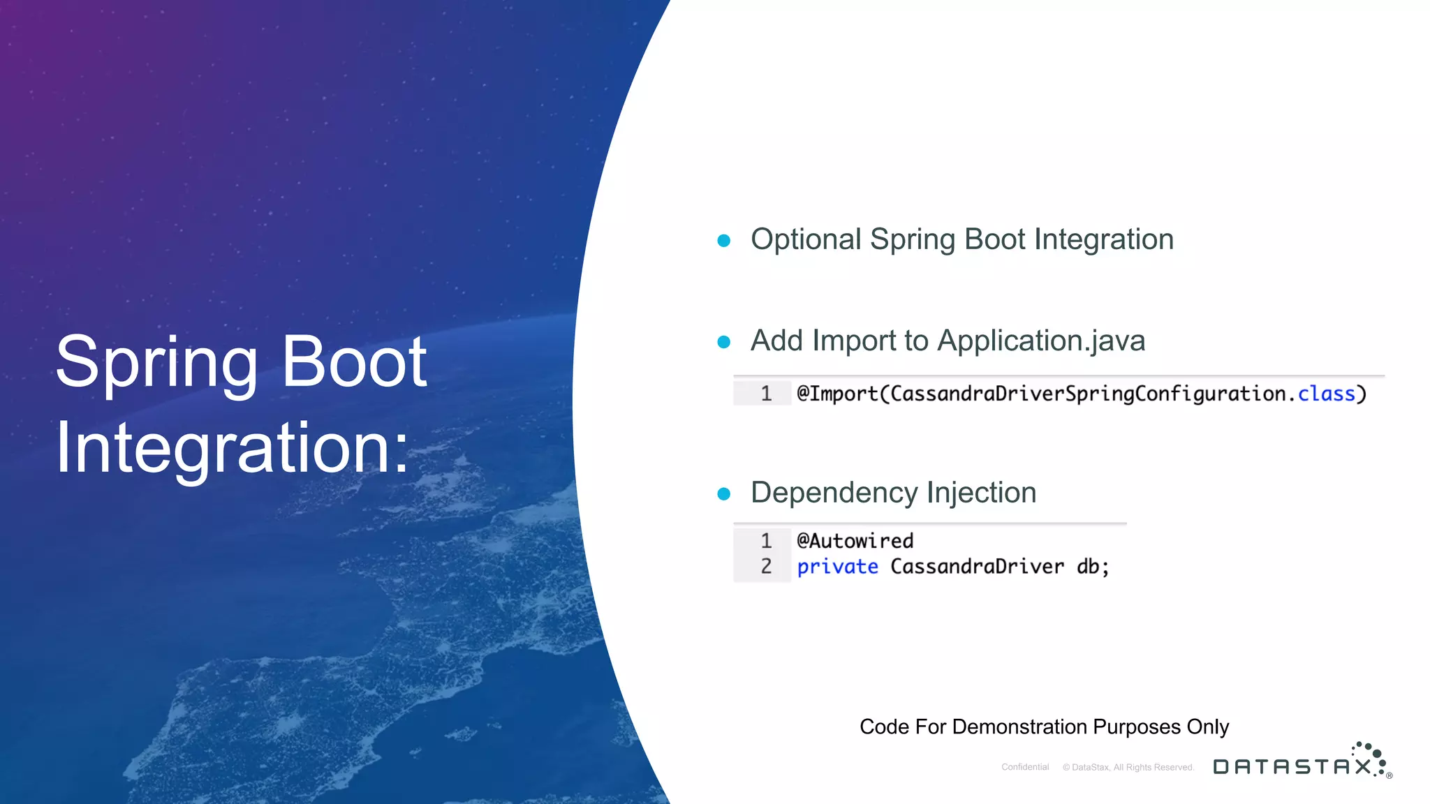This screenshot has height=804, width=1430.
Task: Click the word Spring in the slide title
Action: click(156, 363)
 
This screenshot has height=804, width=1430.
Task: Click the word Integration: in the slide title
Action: click(233, 448)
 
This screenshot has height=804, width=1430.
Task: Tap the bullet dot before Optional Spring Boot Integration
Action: click(724, 241)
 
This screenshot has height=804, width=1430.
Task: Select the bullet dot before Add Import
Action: click(724, 342)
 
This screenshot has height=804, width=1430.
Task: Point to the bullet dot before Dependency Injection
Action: click(724, 494)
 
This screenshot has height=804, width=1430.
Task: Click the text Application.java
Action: click(1041, 341)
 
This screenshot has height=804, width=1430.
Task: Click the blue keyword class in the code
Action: click(1326, 394)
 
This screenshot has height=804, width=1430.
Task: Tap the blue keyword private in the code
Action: click(837, 567)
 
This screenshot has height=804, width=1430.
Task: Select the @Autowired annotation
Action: click(855, 541)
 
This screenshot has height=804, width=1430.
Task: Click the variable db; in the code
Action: click(1092, 566)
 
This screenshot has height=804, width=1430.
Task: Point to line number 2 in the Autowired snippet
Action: click(766, 566)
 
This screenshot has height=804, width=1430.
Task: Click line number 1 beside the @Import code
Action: click(766, 394)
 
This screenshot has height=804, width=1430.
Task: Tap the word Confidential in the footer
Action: click(1025, 767)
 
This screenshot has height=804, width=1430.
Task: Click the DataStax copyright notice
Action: click(1128, 767)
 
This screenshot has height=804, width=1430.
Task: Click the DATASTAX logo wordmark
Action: click(1292, 766)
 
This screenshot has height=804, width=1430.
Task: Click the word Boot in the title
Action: click(355, 363)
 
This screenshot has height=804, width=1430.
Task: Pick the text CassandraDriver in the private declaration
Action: click(977, 566)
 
